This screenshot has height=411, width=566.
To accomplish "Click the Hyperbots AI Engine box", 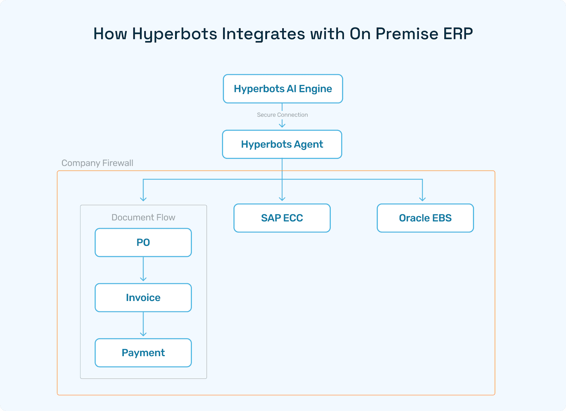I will [x=283, y=89].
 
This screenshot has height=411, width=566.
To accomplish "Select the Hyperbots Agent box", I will [x=282, y=144].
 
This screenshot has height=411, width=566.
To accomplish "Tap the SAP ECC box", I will [x=282, y=218].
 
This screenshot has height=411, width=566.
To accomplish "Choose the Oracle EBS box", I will [x=425, y=218].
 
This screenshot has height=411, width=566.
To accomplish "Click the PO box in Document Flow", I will [x=143, y=242].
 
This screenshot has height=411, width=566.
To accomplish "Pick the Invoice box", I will [x=143, y=297].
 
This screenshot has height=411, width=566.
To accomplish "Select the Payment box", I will [x=143, y=353].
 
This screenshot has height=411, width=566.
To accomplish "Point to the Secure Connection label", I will [x=282, y=115].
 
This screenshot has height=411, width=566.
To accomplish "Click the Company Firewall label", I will [x=97, y=163].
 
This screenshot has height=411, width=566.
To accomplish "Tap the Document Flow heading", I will [x=143, y=217].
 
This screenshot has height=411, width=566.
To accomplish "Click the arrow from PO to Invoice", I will [x=143, y=270].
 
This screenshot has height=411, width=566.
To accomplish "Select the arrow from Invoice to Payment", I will [x=143, y=325].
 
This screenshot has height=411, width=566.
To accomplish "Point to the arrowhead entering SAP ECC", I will [x=282, y=199].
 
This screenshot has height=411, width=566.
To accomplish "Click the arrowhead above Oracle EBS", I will [x=422, y=199].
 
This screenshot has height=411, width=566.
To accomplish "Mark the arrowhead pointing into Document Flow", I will [x=143, y=199].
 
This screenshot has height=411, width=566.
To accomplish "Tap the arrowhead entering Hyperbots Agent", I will [x=282, y=125].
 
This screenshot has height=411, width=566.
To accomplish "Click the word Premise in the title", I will [x=407, y=34].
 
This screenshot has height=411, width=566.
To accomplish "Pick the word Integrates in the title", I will [x=264, y=34].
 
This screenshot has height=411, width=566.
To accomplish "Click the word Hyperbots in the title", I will [x=175, y=34].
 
